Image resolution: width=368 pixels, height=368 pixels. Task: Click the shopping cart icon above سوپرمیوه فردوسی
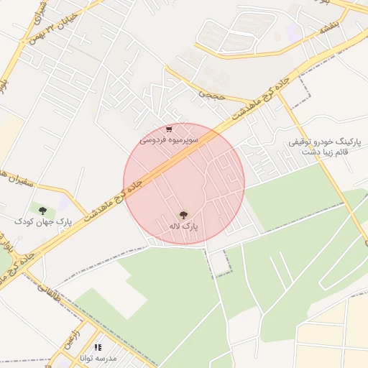pos(169,129)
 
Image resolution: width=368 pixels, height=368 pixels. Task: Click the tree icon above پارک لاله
pos(184,214)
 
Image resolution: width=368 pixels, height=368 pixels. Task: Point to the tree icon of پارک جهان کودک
pos(43,210)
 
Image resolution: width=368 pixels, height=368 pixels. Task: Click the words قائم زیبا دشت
pos(324,152)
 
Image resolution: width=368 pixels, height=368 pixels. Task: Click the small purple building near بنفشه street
pos(293,32)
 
